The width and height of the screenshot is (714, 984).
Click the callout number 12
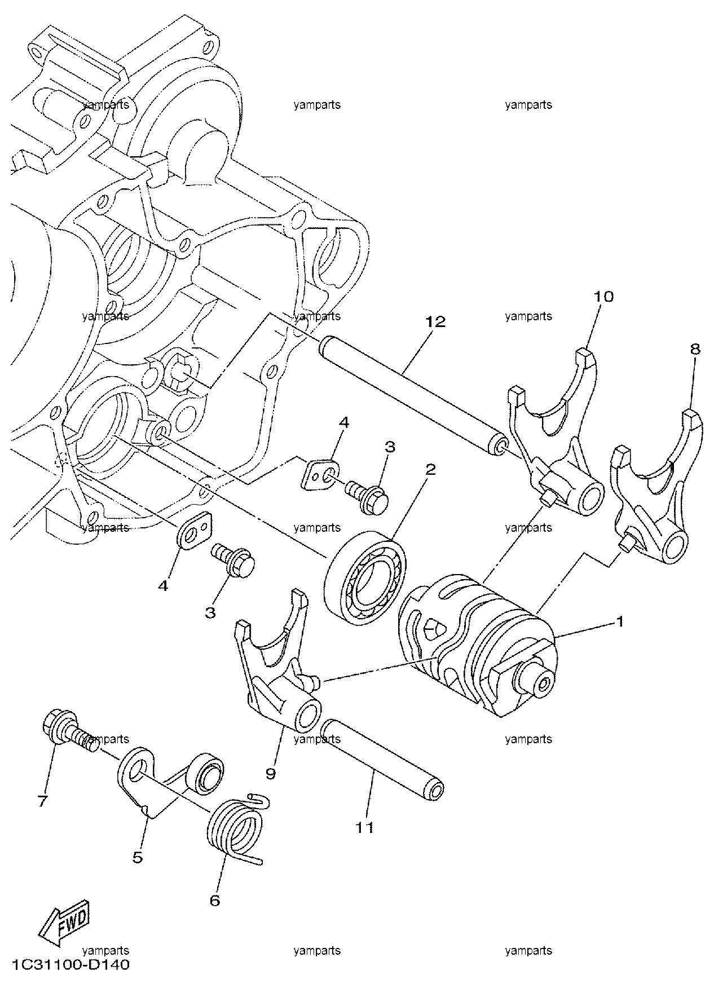435,321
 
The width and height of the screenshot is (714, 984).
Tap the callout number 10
603,296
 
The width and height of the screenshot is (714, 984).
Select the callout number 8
695,349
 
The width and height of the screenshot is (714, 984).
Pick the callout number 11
365,827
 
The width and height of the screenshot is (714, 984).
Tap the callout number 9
271,774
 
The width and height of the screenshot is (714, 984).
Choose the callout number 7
43,801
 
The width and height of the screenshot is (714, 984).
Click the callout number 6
214,901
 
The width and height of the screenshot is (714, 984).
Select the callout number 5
138,858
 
